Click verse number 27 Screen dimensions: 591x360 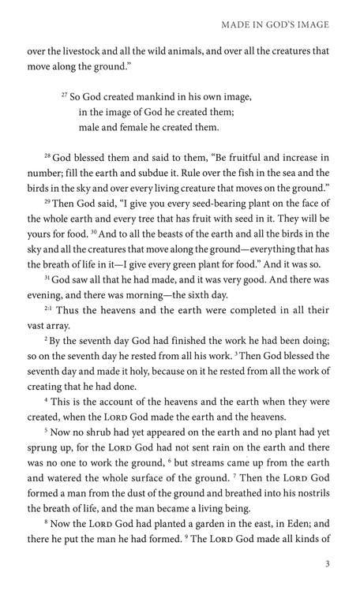(64, 95)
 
